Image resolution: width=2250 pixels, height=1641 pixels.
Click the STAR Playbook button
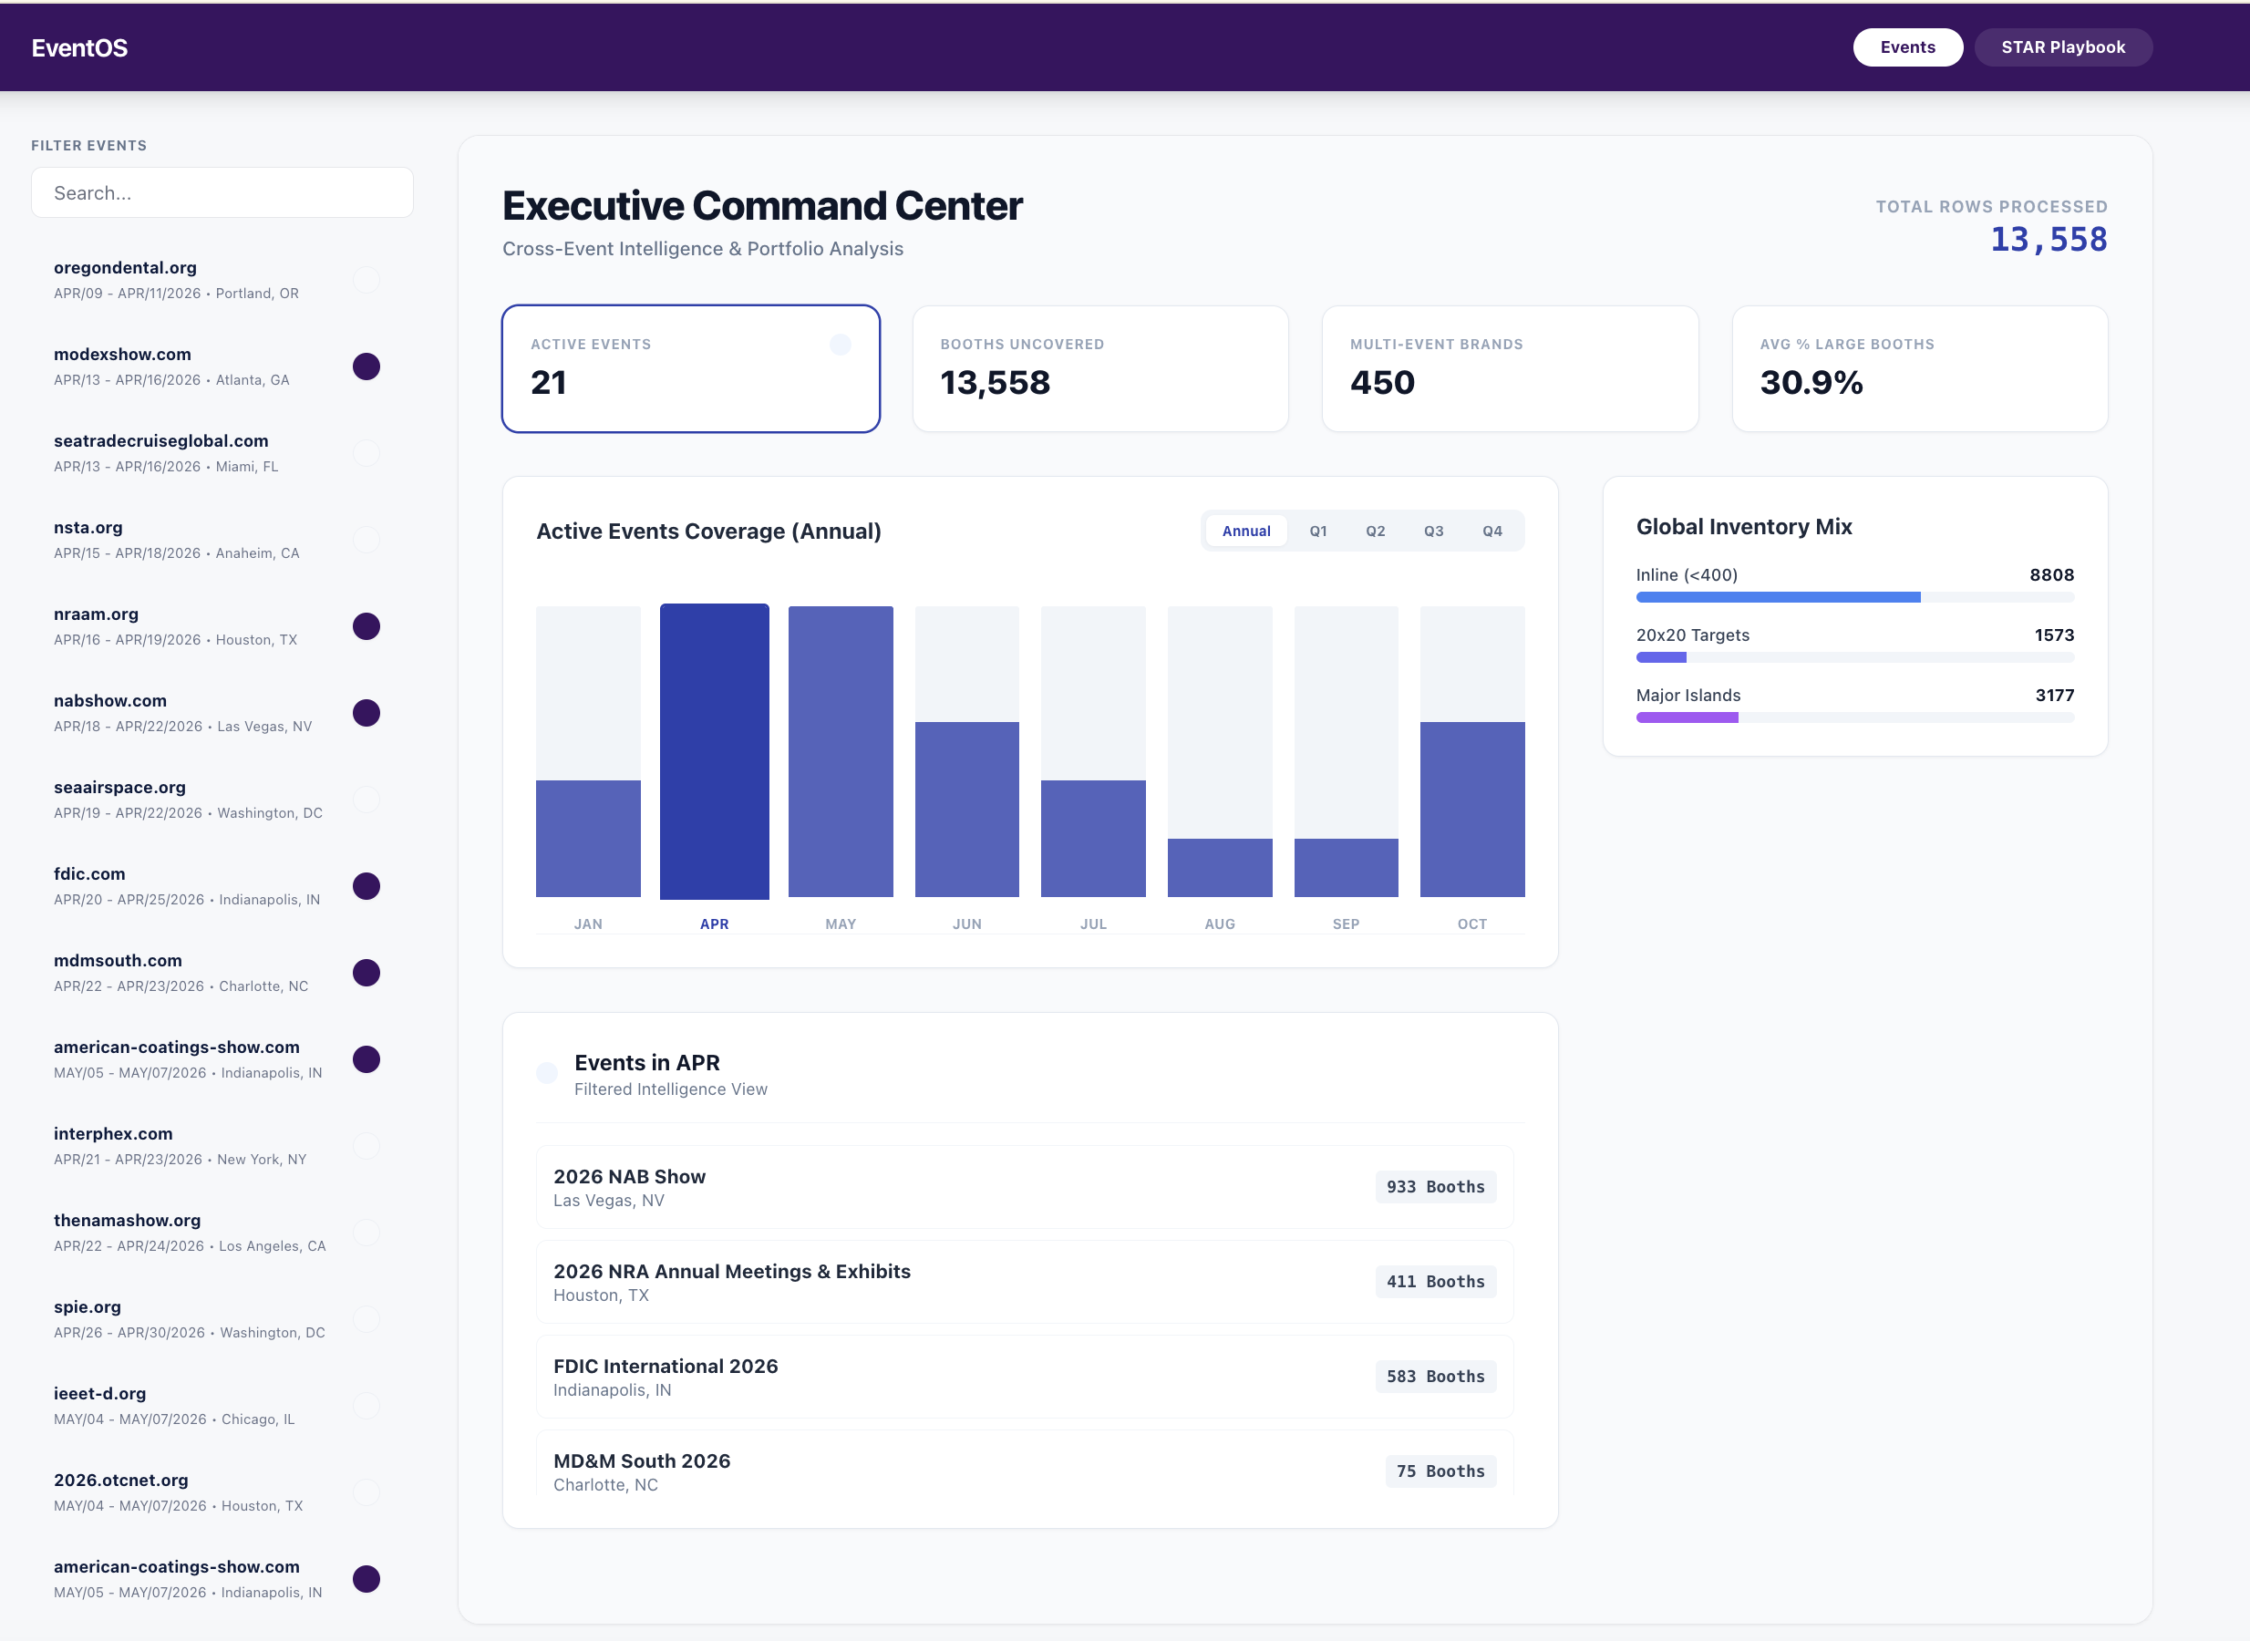point(2062,47)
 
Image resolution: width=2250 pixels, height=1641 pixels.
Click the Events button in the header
point(1906,47)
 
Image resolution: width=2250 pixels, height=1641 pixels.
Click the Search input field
point(222,192)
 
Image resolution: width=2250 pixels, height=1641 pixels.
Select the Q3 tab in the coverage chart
point(1432,532)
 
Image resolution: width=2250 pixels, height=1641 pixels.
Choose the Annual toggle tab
point(1245,532)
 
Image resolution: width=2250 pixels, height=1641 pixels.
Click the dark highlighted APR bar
point(714,751)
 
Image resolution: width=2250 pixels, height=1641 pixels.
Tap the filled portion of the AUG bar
point(1219,867)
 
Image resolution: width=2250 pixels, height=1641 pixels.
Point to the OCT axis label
point(1471,924)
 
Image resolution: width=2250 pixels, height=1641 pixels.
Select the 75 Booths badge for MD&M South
point(1440,1471)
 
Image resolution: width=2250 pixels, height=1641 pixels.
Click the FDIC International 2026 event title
point(665,1366)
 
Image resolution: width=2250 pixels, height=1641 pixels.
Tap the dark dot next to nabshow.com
point(366,713)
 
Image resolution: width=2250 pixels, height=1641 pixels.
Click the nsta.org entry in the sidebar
point(88,528)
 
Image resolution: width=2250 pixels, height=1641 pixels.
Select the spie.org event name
point(88,1307)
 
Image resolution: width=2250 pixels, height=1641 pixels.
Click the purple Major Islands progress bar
point(1687,717)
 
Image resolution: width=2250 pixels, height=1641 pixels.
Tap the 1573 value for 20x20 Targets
point(2052,635)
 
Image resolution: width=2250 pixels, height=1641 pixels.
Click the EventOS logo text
point(79,47)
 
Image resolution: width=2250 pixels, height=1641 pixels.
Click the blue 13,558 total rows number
point(2048,240)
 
